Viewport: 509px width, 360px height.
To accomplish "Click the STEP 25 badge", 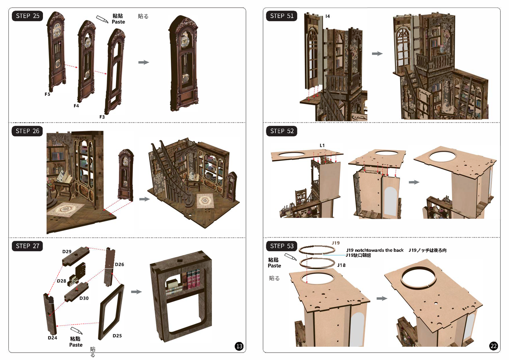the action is point(27,16).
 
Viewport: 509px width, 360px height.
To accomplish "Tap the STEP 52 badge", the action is point(282,131).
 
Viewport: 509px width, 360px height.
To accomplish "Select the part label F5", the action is point(47,94).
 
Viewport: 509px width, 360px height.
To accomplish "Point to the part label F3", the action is point(102,117).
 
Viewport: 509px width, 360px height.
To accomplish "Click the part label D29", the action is point(67,252).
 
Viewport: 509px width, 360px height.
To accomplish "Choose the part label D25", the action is point(117,336).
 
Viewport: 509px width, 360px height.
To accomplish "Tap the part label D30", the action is point(84,298).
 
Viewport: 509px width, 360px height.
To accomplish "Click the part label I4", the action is point(328,16).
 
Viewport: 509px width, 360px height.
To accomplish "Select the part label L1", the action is point(322,145).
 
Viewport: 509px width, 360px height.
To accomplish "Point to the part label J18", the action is point(341,265).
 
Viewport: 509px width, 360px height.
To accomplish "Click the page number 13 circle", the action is point(239,346).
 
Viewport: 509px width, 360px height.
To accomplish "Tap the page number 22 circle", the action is point(493,346).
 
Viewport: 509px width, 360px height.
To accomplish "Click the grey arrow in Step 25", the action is point(144,62).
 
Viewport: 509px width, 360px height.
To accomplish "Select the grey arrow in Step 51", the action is point(377,54).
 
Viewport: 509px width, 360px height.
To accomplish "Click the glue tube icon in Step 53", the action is point(291,257).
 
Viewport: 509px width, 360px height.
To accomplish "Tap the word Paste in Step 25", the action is point(118,22).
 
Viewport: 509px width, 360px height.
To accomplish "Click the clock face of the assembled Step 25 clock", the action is point(185,42).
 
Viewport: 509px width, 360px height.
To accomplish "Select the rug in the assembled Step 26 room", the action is point(205,200).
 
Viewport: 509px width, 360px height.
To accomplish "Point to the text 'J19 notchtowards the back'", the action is point(375,250).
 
